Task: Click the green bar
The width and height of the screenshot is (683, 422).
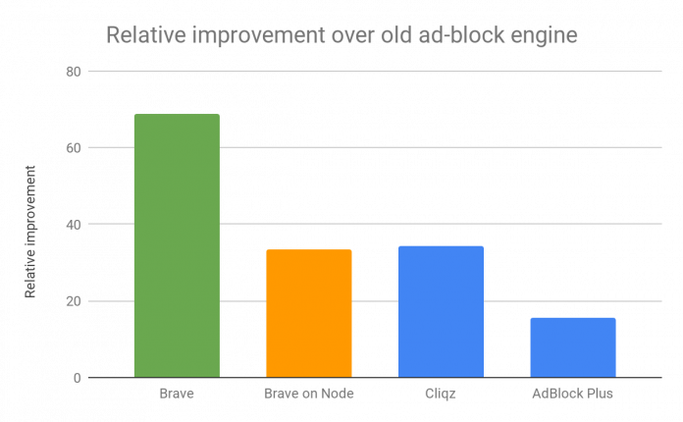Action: click(177, 245)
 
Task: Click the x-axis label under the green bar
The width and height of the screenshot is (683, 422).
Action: click(177, 394)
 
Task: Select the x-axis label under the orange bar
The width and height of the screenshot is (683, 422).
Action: click(309, 394)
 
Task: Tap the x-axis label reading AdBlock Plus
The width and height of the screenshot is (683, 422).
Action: click(572, 394)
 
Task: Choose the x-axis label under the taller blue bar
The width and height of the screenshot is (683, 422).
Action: click(441, 394)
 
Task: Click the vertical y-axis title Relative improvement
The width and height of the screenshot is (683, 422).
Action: click(30, 232)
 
